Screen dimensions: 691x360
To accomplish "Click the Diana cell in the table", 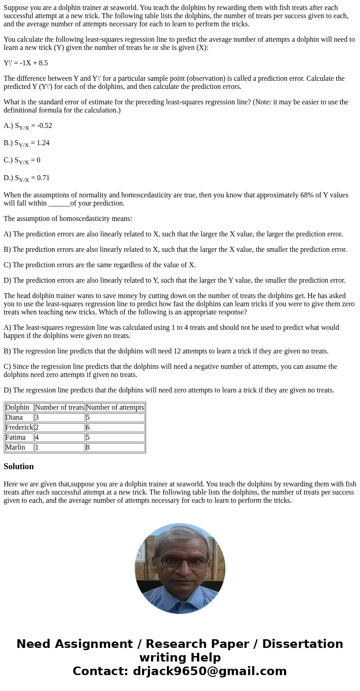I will click(14, 417).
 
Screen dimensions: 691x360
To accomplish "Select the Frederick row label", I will click(19, 427).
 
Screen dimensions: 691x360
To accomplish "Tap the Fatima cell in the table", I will click(15, 437).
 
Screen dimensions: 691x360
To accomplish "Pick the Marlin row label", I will click(15, 447).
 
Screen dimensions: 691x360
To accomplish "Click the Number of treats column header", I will click(59, 407).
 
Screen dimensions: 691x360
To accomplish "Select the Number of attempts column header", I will click(115, 407).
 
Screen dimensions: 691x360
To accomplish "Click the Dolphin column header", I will click(17, 407).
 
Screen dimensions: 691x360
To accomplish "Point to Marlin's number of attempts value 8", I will click(88, 447).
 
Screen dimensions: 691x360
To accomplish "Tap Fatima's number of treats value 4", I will click(37, 437).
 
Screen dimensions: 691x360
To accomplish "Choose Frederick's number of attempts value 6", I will click(88, 427).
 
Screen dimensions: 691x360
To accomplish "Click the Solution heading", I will click(19, 466).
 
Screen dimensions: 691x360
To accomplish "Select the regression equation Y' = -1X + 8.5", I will click(26, 63).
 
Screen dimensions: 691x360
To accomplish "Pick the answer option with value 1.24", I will click(27, 143).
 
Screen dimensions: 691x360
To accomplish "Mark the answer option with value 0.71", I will click(27, 178).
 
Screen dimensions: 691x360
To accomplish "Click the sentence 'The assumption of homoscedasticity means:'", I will click(68, 219).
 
